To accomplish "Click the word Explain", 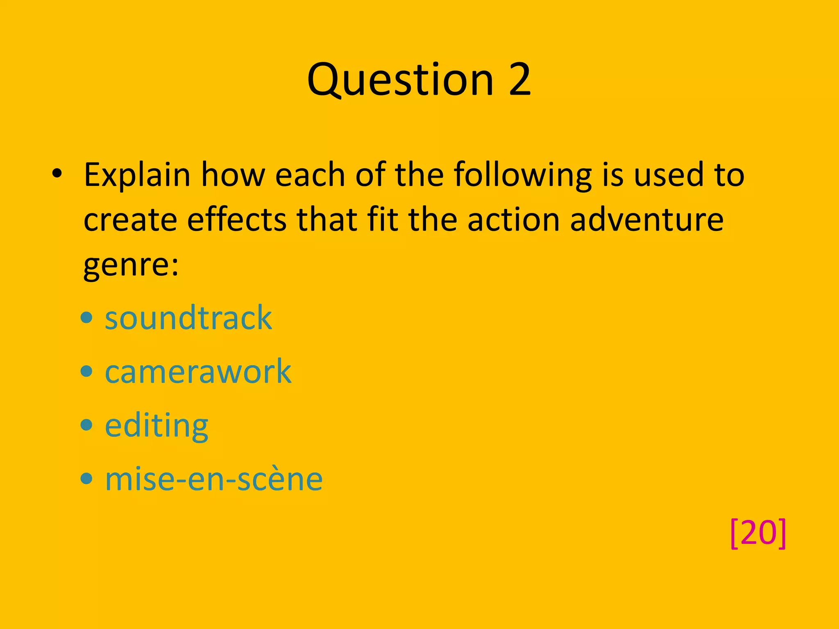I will pyautogui.click(x=137, y=175).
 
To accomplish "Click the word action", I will pyautogui.click(x=513, y=220).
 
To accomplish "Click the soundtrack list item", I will pyautogui.click(x=188, y=318).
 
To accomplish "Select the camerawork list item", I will pyautogui.click(x=198, y=371).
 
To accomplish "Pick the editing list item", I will pyautogui.click(x=156, y=425).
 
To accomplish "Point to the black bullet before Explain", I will pyautogui.click(x=57, y=174).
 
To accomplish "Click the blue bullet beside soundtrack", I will pyautogui.click(x=86, y=318).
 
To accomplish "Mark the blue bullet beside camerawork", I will pyautogui.click(x=86, y=372).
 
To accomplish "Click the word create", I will pyautogui.click(x=130, y=220).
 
